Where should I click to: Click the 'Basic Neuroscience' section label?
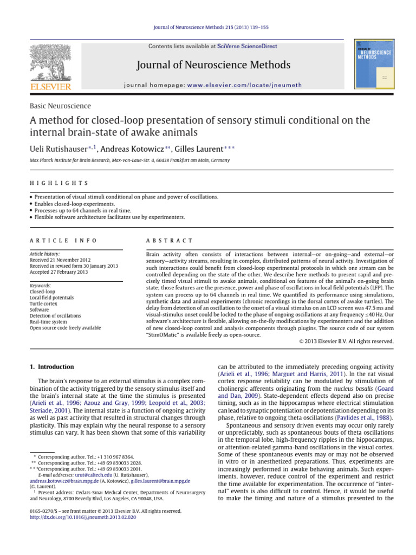point(60,106)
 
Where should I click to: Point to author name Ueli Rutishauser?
point(60,149)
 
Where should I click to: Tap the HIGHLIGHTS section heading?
point(59,184)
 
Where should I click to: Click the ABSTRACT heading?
point(170,241)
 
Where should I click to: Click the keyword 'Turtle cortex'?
point(46,304)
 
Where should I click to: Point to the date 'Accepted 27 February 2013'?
point(58,272)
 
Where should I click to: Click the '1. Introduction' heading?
point(52,367)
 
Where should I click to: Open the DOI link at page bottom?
point(83,517)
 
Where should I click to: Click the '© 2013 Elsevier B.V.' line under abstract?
point(346,341)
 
